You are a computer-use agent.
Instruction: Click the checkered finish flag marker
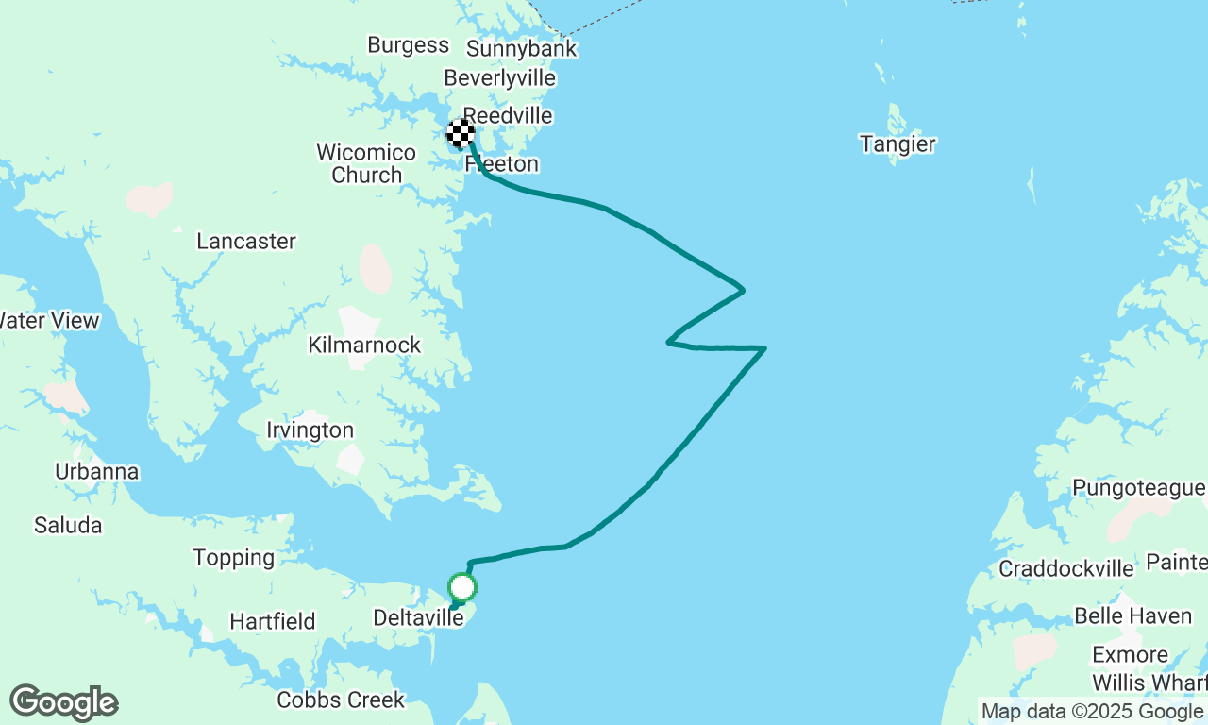pyautogui.click(x=461, y=134)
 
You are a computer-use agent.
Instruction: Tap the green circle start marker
pyautogui.click(x=461, y=587)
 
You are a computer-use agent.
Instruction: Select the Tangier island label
pyautogui.click(x=898, y=144)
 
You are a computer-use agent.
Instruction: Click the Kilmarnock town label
pyautogui.click(x=364, y=345)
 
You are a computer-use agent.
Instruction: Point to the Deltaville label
pyautogui.click(x=419, y=618)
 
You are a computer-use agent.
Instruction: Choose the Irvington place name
pyautogui.click(x=310, y=430)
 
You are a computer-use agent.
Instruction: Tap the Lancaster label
pyautogui.click(x=246, y=242)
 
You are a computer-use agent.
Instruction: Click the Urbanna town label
pyautogui.click(x=96, y=472)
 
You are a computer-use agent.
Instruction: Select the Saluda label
pyautogui.click(x=68, y=525)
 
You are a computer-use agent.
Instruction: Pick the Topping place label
pyautogui.click(x=234, y=558)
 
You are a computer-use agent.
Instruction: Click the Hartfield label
pyautogui.click(x=273, y=622)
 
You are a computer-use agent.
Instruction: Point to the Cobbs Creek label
pyautogui.click(x=341, y=700)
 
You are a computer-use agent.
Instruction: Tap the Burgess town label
pyautogui.click(x=408, y=45)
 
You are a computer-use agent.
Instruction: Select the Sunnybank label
pyautogui.click(x=521, y=49)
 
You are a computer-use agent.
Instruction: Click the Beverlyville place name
pyautogui.click(x=499, y=79)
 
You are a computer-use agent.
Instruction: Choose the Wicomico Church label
pyautogui.click(x=366, y=163)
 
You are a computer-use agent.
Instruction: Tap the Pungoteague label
pyautogui.click(x=1138, y=488)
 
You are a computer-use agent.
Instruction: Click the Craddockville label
pyautogui.click(x=1066, y=568)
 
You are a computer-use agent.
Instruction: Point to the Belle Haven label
pyautogui.click(x=1132, y=616)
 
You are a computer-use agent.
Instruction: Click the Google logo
pyautogui.click(x=63, y=702)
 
